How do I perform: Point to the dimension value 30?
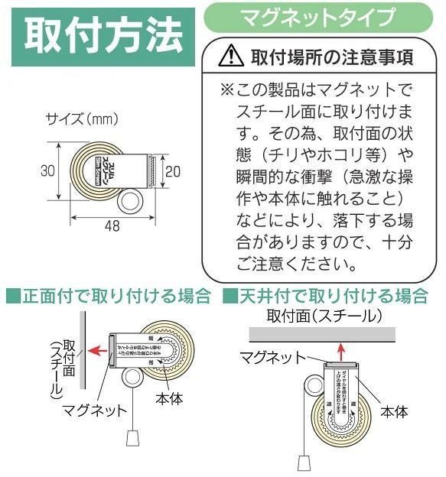[48, 173]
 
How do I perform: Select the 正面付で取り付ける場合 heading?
[109, 295]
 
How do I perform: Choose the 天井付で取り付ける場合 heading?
[328, 295]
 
